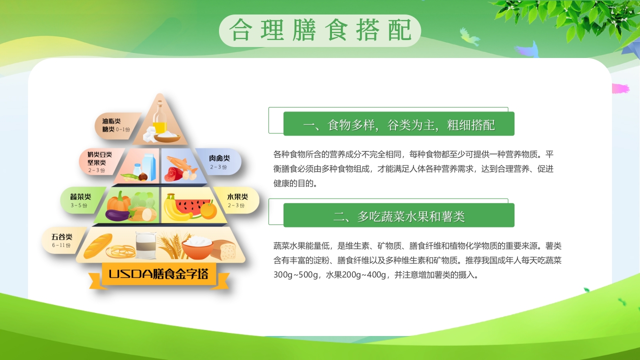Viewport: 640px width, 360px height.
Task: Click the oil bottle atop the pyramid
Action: click(x=159, y=116)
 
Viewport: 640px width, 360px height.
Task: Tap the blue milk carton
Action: click(x=149, y=164)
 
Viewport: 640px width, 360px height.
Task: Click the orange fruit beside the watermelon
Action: click(x=208, y=210)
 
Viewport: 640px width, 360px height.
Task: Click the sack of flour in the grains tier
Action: click(x=145, y=244)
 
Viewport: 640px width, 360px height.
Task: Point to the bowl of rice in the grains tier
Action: click(x=198, y=246)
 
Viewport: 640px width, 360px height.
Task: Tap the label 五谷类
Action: click(x=62, y=236)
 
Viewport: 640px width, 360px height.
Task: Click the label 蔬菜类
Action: click(x=80, y=196)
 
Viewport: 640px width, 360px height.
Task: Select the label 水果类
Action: click(x=237, y=196)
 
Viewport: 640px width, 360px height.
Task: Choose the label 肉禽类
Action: click(x=219, y=158)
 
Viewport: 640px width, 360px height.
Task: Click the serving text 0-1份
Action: click(x=123, y=129)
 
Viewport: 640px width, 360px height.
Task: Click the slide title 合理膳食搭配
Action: click(x=320, y=30)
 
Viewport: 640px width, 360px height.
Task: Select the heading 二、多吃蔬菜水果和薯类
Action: click(x=399, y=216)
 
